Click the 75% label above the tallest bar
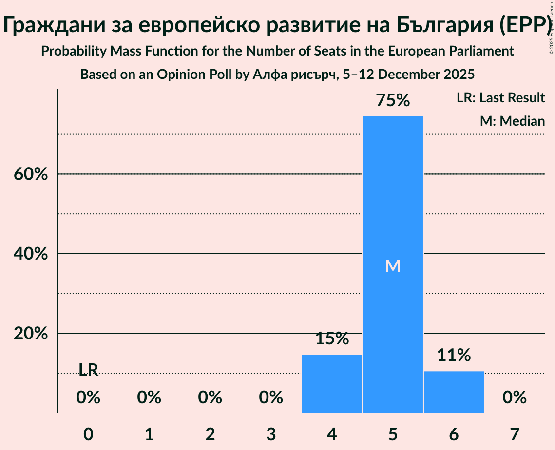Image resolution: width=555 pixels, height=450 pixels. pyautogui.click(x=393, y=101)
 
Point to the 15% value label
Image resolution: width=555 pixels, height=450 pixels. pyautogui.click(x=332, y=338)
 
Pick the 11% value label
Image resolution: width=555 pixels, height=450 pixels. pyautogui.click(x=454, y=355)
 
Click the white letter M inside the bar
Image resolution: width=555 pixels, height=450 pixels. pyautogui.click(x=393, y=266)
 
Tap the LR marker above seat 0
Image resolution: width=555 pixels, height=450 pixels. pyautogui.click(x=88, y=370)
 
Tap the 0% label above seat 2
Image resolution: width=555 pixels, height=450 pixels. pyautogui.click(x=210, y=397)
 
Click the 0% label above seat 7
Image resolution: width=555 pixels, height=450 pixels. pyautogui.click(x=515, y=397)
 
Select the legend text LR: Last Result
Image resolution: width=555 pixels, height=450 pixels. pyautogui.click(x=500, y=98)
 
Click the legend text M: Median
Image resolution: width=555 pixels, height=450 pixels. pyautogui.click(x=512, y=121)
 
